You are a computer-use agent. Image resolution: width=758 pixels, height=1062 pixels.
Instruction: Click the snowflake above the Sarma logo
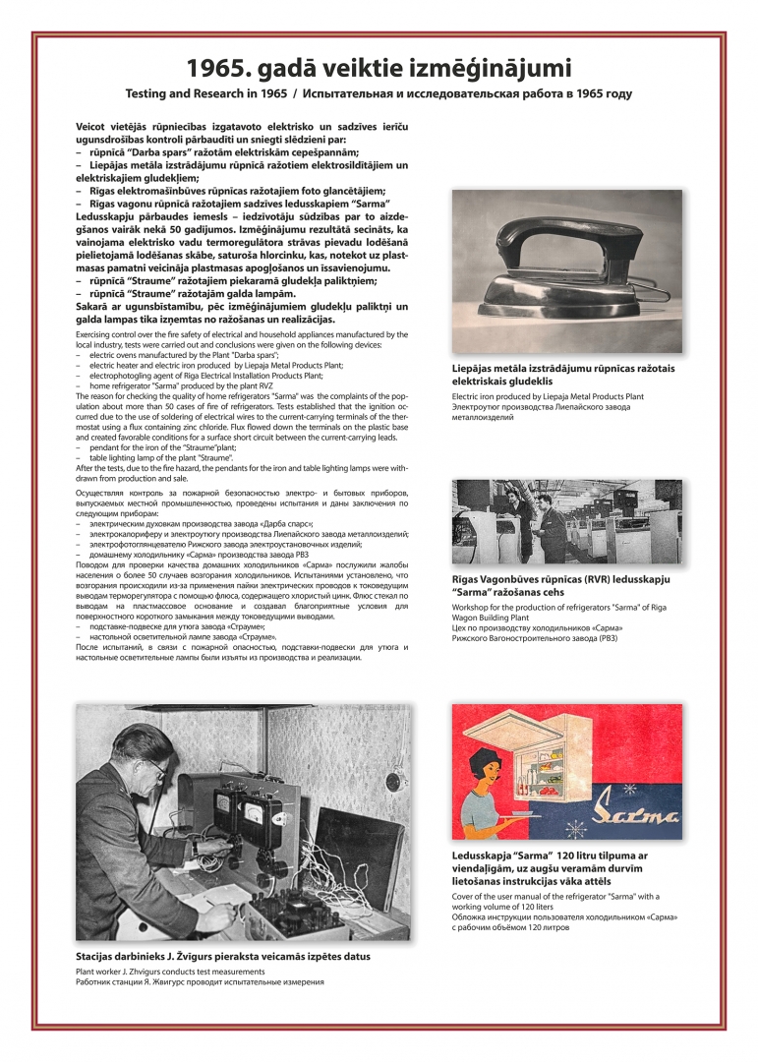629,791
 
